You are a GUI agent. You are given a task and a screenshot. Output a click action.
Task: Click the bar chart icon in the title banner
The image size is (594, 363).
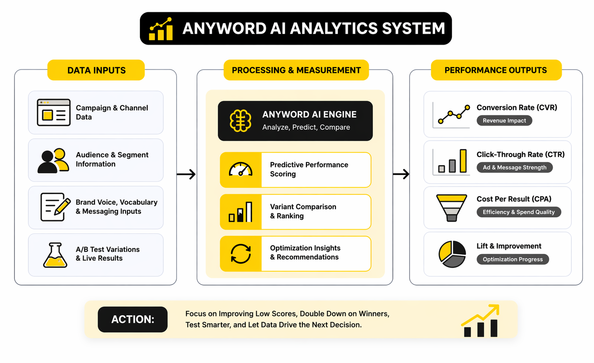pos(161,29)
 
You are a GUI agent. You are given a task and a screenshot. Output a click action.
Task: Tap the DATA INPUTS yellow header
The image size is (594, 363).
pos(96,70)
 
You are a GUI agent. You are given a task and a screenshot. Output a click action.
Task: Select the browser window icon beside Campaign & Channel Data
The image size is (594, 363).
pos(54,113)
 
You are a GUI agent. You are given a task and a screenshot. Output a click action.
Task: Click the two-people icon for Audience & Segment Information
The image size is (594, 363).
pos(53,161)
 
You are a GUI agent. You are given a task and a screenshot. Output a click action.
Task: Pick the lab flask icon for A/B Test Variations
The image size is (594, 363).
pos(55,255)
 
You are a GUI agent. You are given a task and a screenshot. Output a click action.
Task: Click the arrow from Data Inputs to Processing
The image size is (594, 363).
pos(186,174)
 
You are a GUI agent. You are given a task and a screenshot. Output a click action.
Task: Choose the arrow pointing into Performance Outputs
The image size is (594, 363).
pos(401,174)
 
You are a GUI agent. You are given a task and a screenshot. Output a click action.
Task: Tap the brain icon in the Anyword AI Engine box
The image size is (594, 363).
pos(240,121)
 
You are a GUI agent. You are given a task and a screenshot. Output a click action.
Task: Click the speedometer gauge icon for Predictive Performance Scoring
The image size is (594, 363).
pos(241,170)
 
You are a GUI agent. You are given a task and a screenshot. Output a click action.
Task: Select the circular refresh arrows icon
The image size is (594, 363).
pos(241,254)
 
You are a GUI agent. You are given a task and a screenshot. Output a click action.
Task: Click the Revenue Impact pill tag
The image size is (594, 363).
pos(504,120)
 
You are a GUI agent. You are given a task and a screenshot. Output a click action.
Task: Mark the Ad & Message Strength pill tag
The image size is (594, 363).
pos(514,167)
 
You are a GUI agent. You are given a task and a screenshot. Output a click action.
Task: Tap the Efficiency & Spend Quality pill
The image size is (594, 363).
pos(518,212)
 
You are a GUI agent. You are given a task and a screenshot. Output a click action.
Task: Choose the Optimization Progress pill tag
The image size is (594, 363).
pos(513,259)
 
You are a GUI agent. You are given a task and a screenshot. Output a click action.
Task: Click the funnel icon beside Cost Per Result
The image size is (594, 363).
pos(451,208)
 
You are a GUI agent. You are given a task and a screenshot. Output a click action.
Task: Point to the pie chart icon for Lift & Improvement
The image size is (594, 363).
pos(452,254)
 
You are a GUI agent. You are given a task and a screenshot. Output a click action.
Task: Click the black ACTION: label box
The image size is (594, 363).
pos(133,319)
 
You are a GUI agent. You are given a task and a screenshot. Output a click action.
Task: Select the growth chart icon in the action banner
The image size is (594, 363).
pos(481,321)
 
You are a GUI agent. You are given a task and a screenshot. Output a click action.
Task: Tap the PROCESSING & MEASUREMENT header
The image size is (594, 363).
pos(296,70)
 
